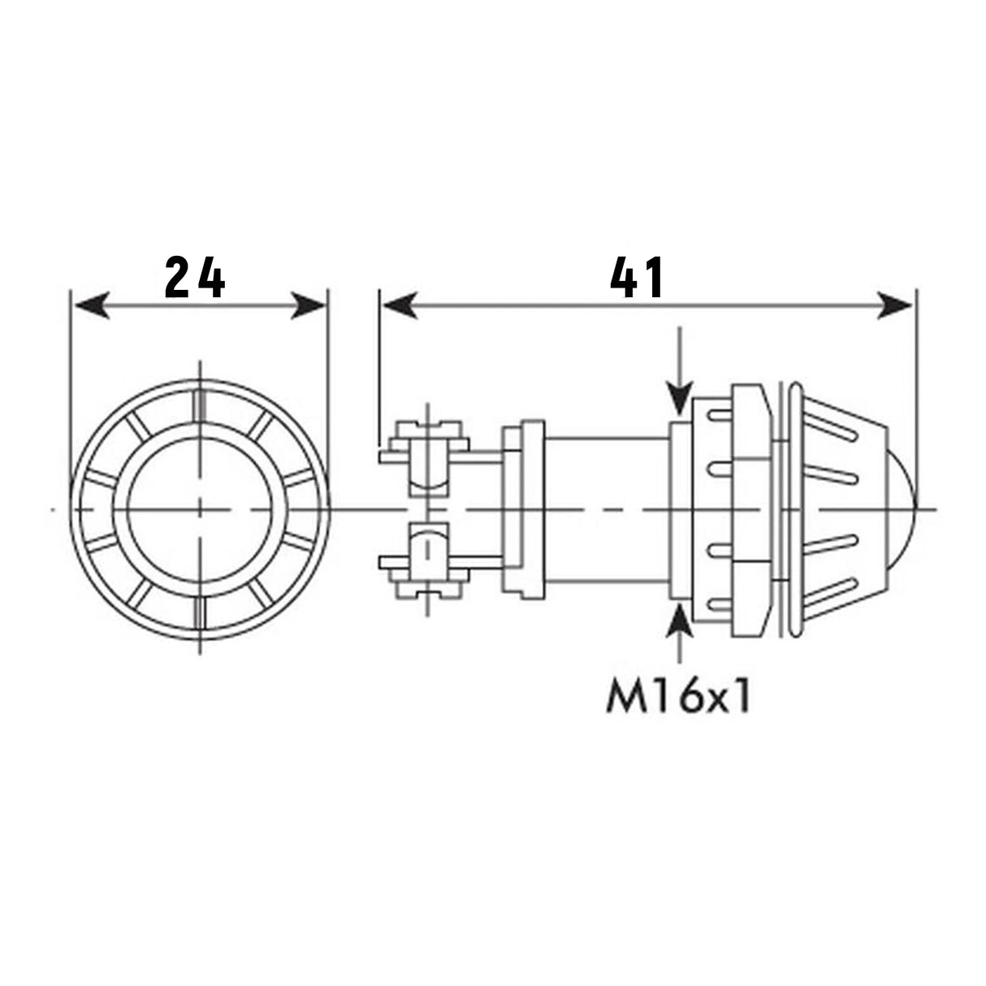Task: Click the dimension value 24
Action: coord(195,279)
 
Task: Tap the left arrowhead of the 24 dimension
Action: coord(89,306)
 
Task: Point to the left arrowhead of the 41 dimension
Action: coord(399,306)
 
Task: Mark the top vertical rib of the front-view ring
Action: coord(200,403)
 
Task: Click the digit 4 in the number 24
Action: coord(213,279)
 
